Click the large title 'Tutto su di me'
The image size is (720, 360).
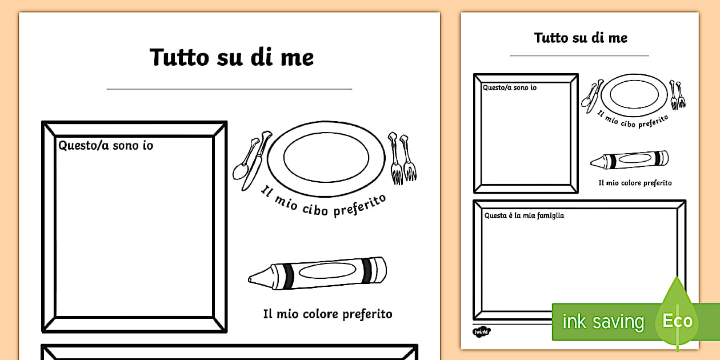click(x=231, y=57)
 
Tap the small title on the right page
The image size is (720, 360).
click(x=581, y=38)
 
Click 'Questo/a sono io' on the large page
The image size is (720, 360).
click(x=106, y=146)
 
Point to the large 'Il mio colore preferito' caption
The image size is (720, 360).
click(x=327, y=314)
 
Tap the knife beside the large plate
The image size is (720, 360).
click(x=257, y=161)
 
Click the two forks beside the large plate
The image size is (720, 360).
click(x=402, y=158)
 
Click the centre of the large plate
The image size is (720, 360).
click(x=326, y=158)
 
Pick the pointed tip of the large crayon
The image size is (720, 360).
click(x=249, y=279)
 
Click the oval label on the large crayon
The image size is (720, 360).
click(x=327, y=271)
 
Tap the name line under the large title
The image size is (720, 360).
click(x=229, y=89)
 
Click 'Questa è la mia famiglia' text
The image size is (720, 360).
click(x=524, y=215)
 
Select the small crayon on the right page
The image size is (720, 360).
click(x=629, y=160)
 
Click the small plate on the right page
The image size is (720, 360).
click(x=634, y=95)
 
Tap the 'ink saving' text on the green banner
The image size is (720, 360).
click(x=603, y=321)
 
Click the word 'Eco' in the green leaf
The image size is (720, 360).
click(x=677, y=321)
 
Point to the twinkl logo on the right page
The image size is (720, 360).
click(x=482, y=331)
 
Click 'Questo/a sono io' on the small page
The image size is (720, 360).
click(x=510, y=87)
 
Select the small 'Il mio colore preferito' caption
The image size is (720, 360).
click(x=635, y=183)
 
